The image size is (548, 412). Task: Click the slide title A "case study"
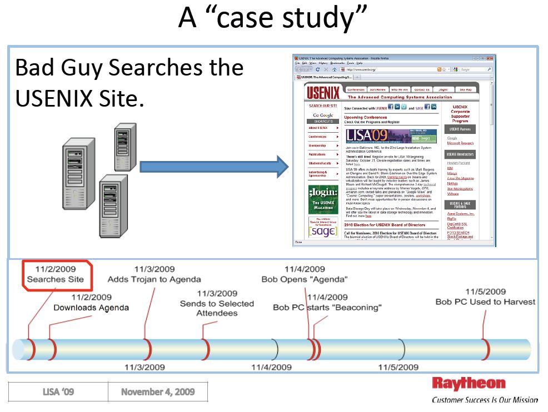click(x=272, y=19)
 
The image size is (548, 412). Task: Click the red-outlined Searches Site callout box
click(x=56, y=274)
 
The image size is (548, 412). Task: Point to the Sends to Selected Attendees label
click(x=217, y=303)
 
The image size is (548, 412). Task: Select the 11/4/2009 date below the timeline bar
click(x=271, y=367)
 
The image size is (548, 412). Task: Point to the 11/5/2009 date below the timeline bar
click(x=398, y=367)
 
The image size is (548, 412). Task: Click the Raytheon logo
click(x=469, y=384)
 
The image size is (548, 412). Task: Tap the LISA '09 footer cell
click(x=58, y=392)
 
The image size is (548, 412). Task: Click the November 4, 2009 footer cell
click(x=158, y=392)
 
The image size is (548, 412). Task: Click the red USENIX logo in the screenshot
click(x=322, y=92)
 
